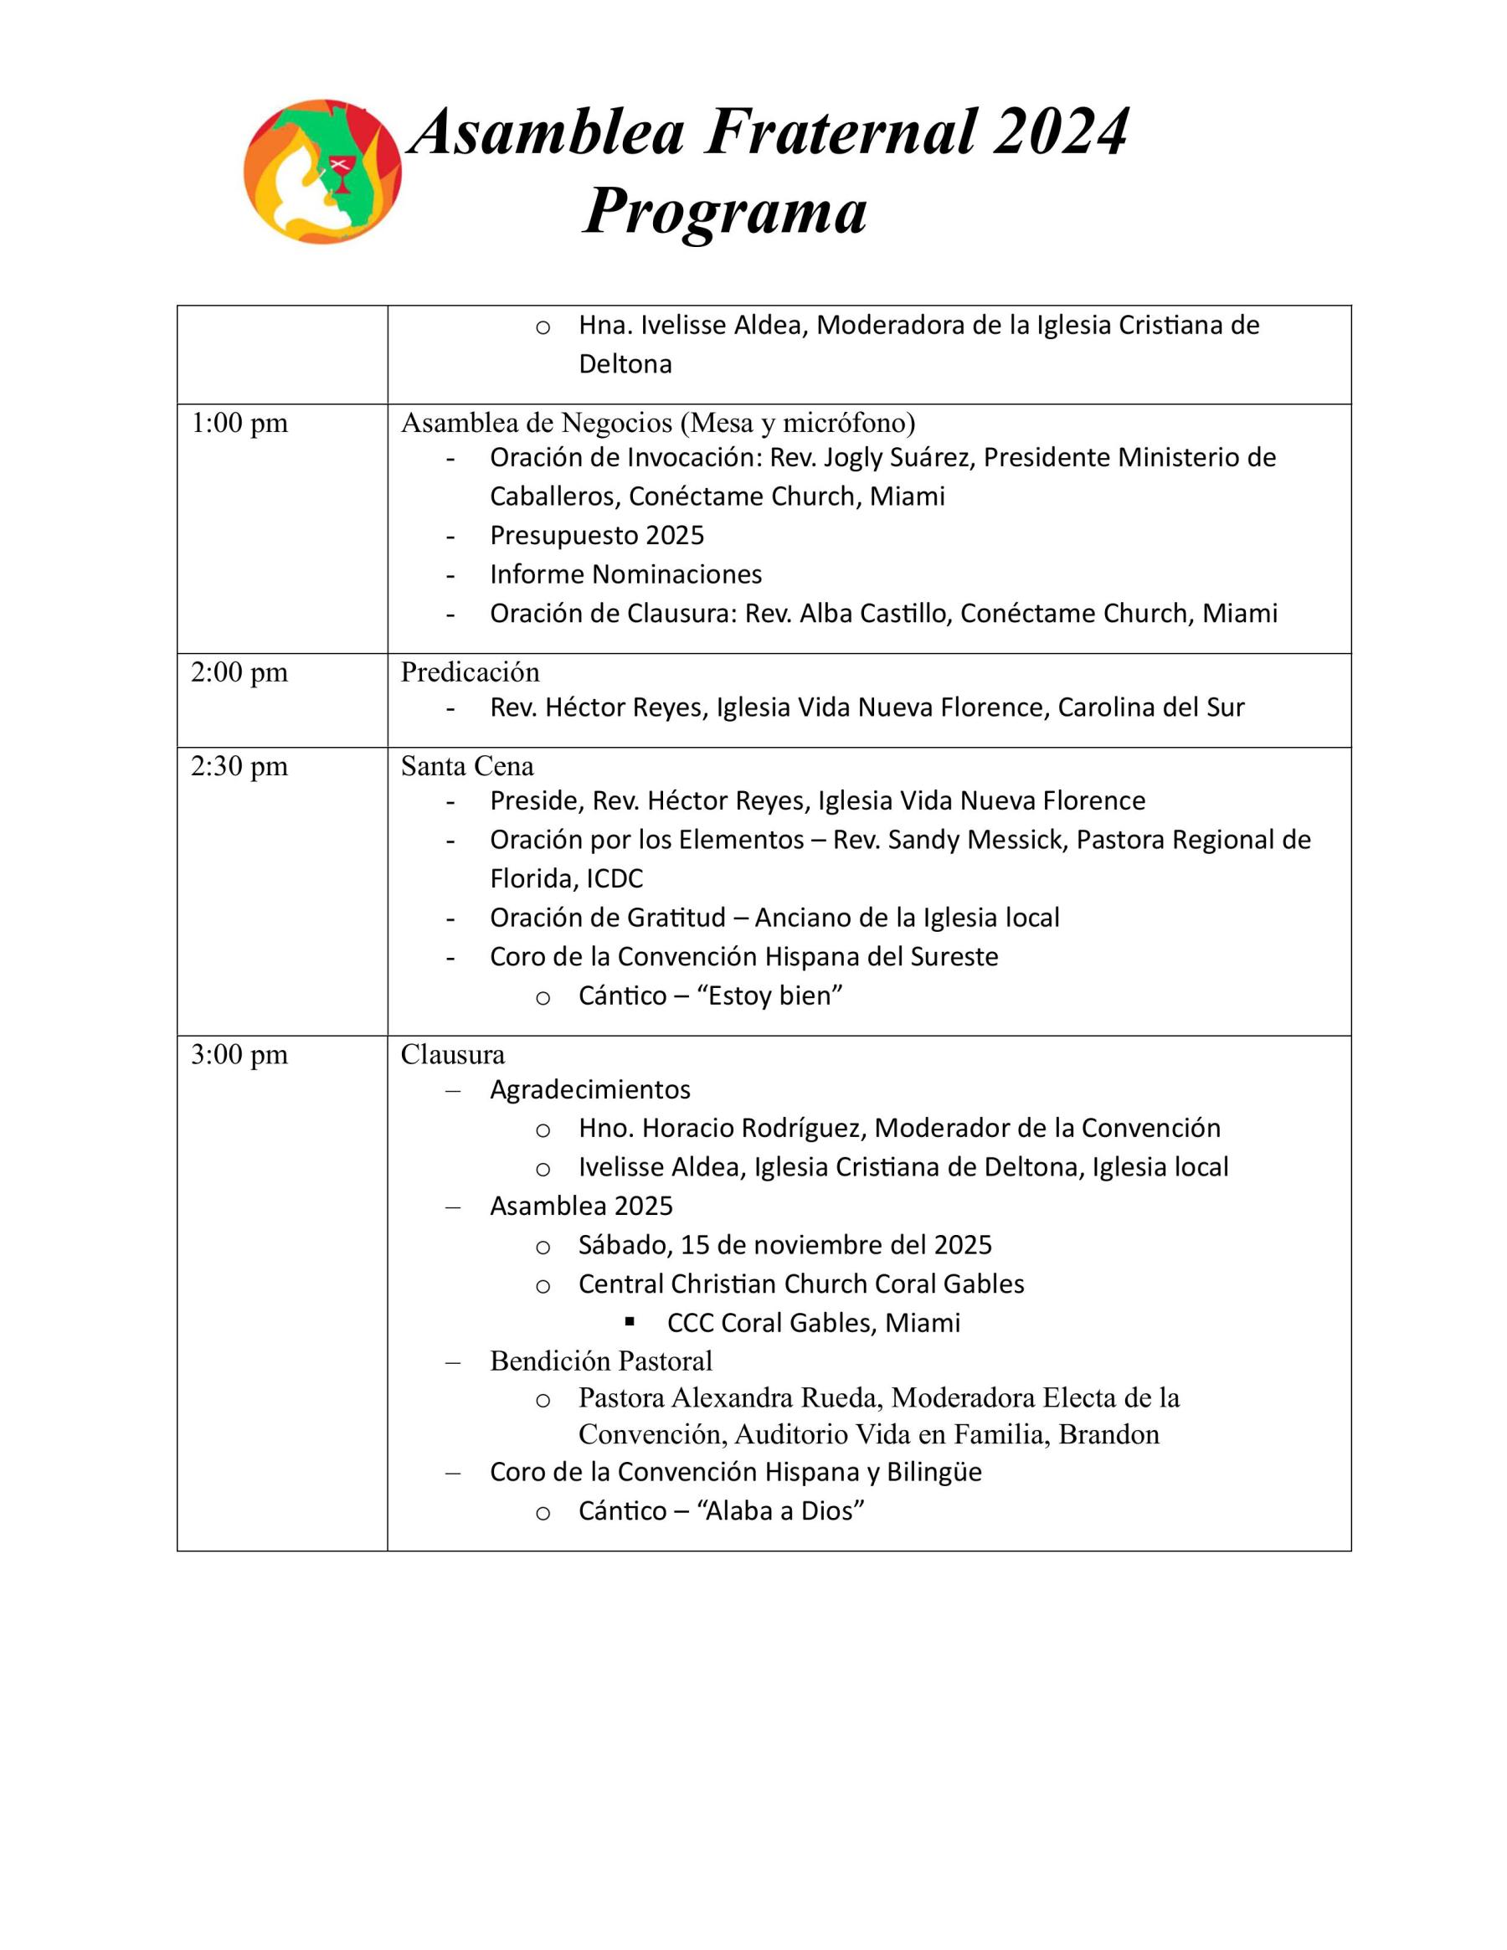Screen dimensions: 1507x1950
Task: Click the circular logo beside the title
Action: click(322, 172)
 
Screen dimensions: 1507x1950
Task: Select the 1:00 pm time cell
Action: click(239, 423)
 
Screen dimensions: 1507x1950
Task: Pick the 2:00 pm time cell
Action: click(239, 672)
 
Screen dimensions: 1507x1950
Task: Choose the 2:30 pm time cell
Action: click(239, 766)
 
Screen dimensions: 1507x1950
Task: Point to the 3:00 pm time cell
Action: click(239, 1054)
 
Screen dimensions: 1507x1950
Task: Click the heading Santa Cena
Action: click(467, 766)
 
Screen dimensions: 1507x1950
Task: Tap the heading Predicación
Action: click(470, 672)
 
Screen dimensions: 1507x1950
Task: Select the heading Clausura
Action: click(453, 1054)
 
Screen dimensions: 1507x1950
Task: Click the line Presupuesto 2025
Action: click(596, 536)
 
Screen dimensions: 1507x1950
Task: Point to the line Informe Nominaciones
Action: click(626, 574)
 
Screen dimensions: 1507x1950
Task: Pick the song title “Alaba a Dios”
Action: click(780, 1510)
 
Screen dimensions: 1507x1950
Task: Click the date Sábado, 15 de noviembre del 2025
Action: click(784, 1245)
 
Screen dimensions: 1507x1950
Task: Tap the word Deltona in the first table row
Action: click(625, 364)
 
